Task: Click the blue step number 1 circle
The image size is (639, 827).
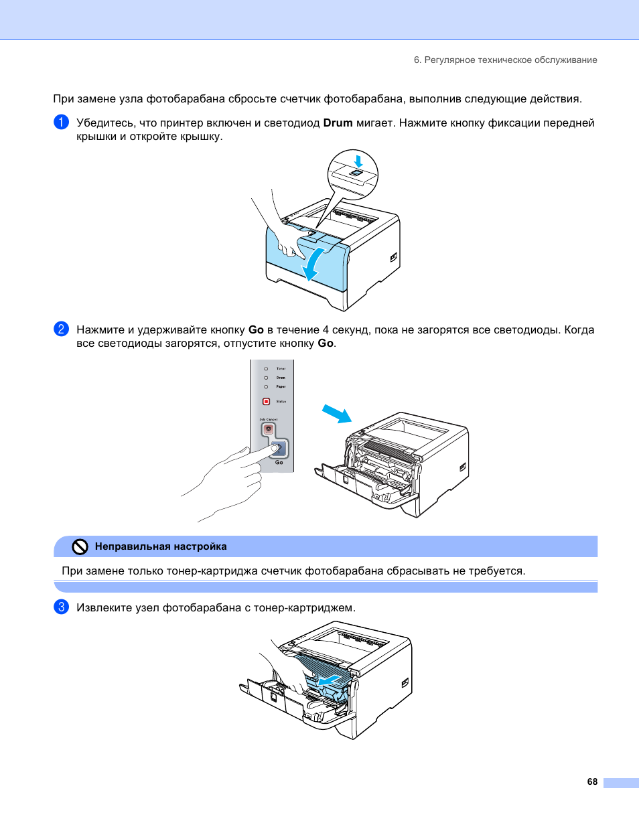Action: (61, 122)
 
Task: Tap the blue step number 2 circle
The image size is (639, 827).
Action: (61, 329)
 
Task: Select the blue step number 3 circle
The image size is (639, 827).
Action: (61, 607)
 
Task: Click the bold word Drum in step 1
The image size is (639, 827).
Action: (338, 123)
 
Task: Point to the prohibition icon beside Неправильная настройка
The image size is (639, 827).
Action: (80, 547)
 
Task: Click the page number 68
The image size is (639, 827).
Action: (592, 781)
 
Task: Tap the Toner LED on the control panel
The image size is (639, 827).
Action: (266, 369)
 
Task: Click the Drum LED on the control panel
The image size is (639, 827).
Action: (266, 378)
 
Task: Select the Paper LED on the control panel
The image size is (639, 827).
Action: (266, 386)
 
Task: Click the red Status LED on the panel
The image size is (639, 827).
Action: (266, 402)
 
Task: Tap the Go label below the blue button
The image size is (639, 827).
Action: (279, 463)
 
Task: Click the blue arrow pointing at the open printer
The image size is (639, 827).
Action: (337, 414)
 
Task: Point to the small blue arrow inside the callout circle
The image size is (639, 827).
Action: (358, 161)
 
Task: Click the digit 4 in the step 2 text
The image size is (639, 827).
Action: (326, 330)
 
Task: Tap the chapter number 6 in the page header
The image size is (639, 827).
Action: (417, 60)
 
